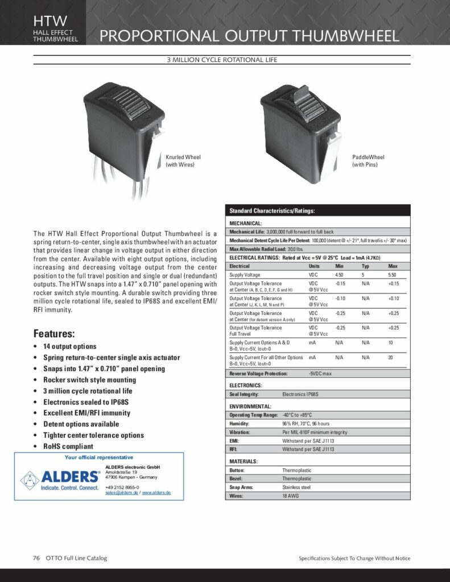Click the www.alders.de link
(156, 492)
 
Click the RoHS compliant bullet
(68, 446)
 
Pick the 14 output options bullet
(69, 346)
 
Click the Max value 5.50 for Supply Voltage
(392, 275)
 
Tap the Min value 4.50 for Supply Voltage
(340, 275)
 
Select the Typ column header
(365, 266)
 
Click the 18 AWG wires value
(290, 496)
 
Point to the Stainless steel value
(296, 487)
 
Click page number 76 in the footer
(36, 558)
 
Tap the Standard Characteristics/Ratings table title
(271, 211)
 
